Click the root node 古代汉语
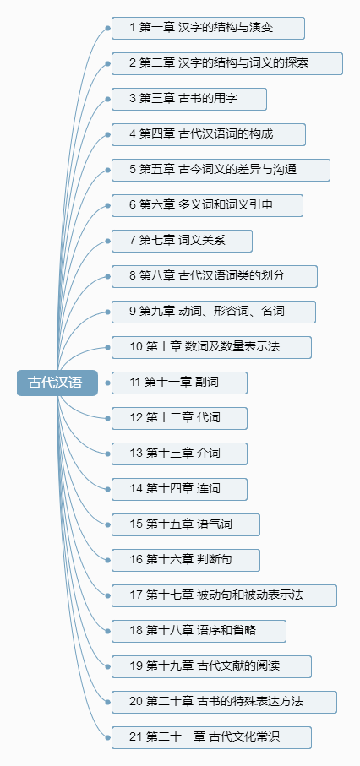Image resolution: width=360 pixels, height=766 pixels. (x=57, y=383)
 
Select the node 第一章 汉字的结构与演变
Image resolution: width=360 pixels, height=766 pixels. (x=208, y=28)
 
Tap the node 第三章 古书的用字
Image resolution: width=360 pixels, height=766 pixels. (x=188, y=99)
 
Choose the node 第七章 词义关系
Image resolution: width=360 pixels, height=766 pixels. (x=182, y=241)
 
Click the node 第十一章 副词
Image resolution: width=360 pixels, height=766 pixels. (x=179, y=383)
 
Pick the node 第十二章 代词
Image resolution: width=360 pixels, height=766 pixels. (x=179, y=418)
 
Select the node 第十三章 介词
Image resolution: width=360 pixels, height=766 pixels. (x=179, y=454)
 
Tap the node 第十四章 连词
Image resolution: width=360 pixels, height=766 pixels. (x=179, y=489)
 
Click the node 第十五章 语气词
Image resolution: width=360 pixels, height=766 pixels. (x=185, y=524)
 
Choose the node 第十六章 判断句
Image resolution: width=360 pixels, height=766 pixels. (x=185, y=560)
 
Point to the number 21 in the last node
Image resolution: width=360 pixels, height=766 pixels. (x=135, y=737)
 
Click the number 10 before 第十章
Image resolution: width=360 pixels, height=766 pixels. (x=135, y=347)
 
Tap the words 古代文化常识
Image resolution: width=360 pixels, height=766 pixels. (x=244, y=737)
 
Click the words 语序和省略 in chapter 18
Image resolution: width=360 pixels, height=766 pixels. (x=226, y=631)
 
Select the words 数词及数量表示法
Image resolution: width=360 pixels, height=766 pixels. (x=232, y=347)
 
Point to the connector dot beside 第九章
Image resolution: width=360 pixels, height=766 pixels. (x=107, y=312)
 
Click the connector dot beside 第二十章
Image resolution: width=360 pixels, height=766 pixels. (x=107, y=702)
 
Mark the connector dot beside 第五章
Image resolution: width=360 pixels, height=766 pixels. (x=107, y=170)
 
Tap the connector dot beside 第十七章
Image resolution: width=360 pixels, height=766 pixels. (x=107, y=595)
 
